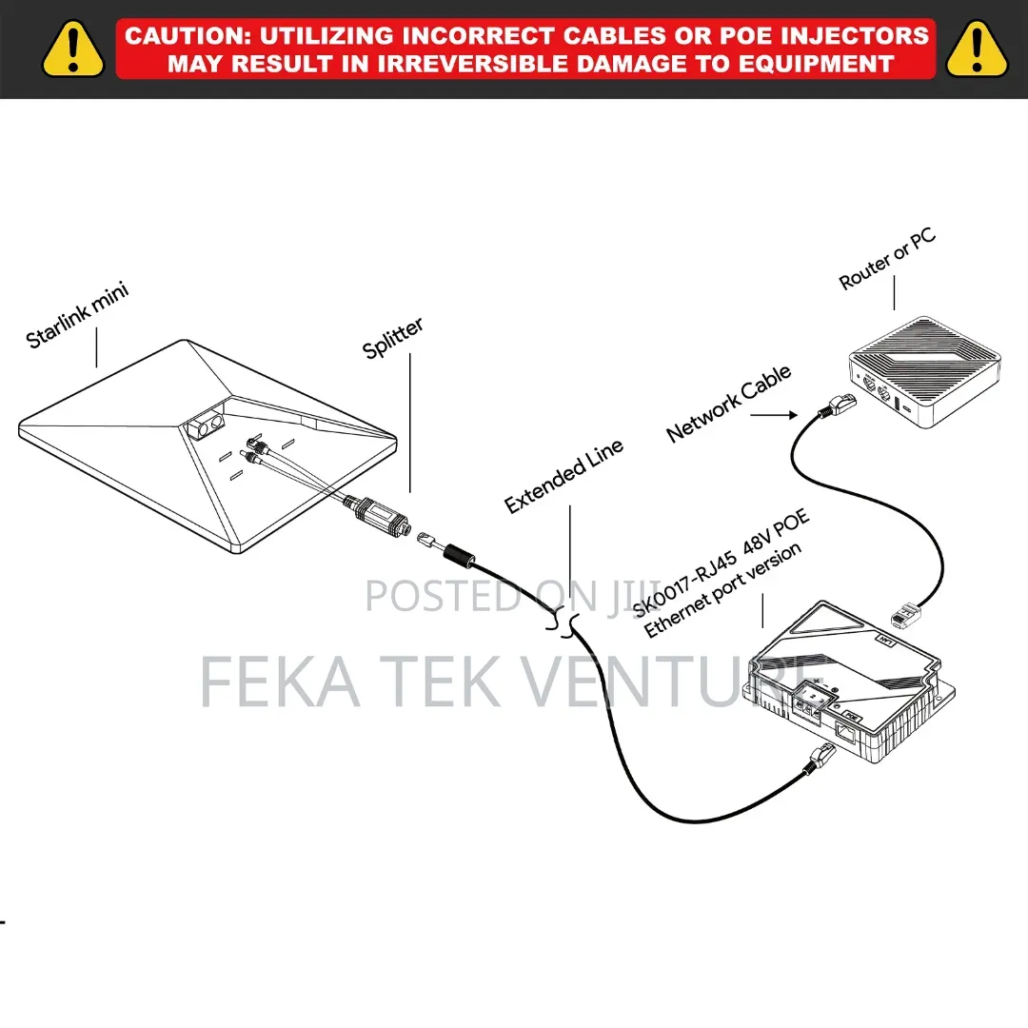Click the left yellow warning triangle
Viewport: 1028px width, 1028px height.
[72, 49]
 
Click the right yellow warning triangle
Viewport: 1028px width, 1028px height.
[977, 49]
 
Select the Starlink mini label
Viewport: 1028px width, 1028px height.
[77, 315]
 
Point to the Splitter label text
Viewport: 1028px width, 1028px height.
[393, 338]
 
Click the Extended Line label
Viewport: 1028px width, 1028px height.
[563, 477]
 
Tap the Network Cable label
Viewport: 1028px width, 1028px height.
[728, 404]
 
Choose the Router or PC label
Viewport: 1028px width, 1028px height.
[887, 259]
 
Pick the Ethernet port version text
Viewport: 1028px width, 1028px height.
[722, 590]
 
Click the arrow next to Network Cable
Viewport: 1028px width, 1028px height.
[774, 415]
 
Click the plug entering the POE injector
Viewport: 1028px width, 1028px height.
[820, 759]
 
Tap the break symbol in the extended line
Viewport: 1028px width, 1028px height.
[563, 623]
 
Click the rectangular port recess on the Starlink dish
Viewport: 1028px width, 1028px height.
[206, 424]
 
